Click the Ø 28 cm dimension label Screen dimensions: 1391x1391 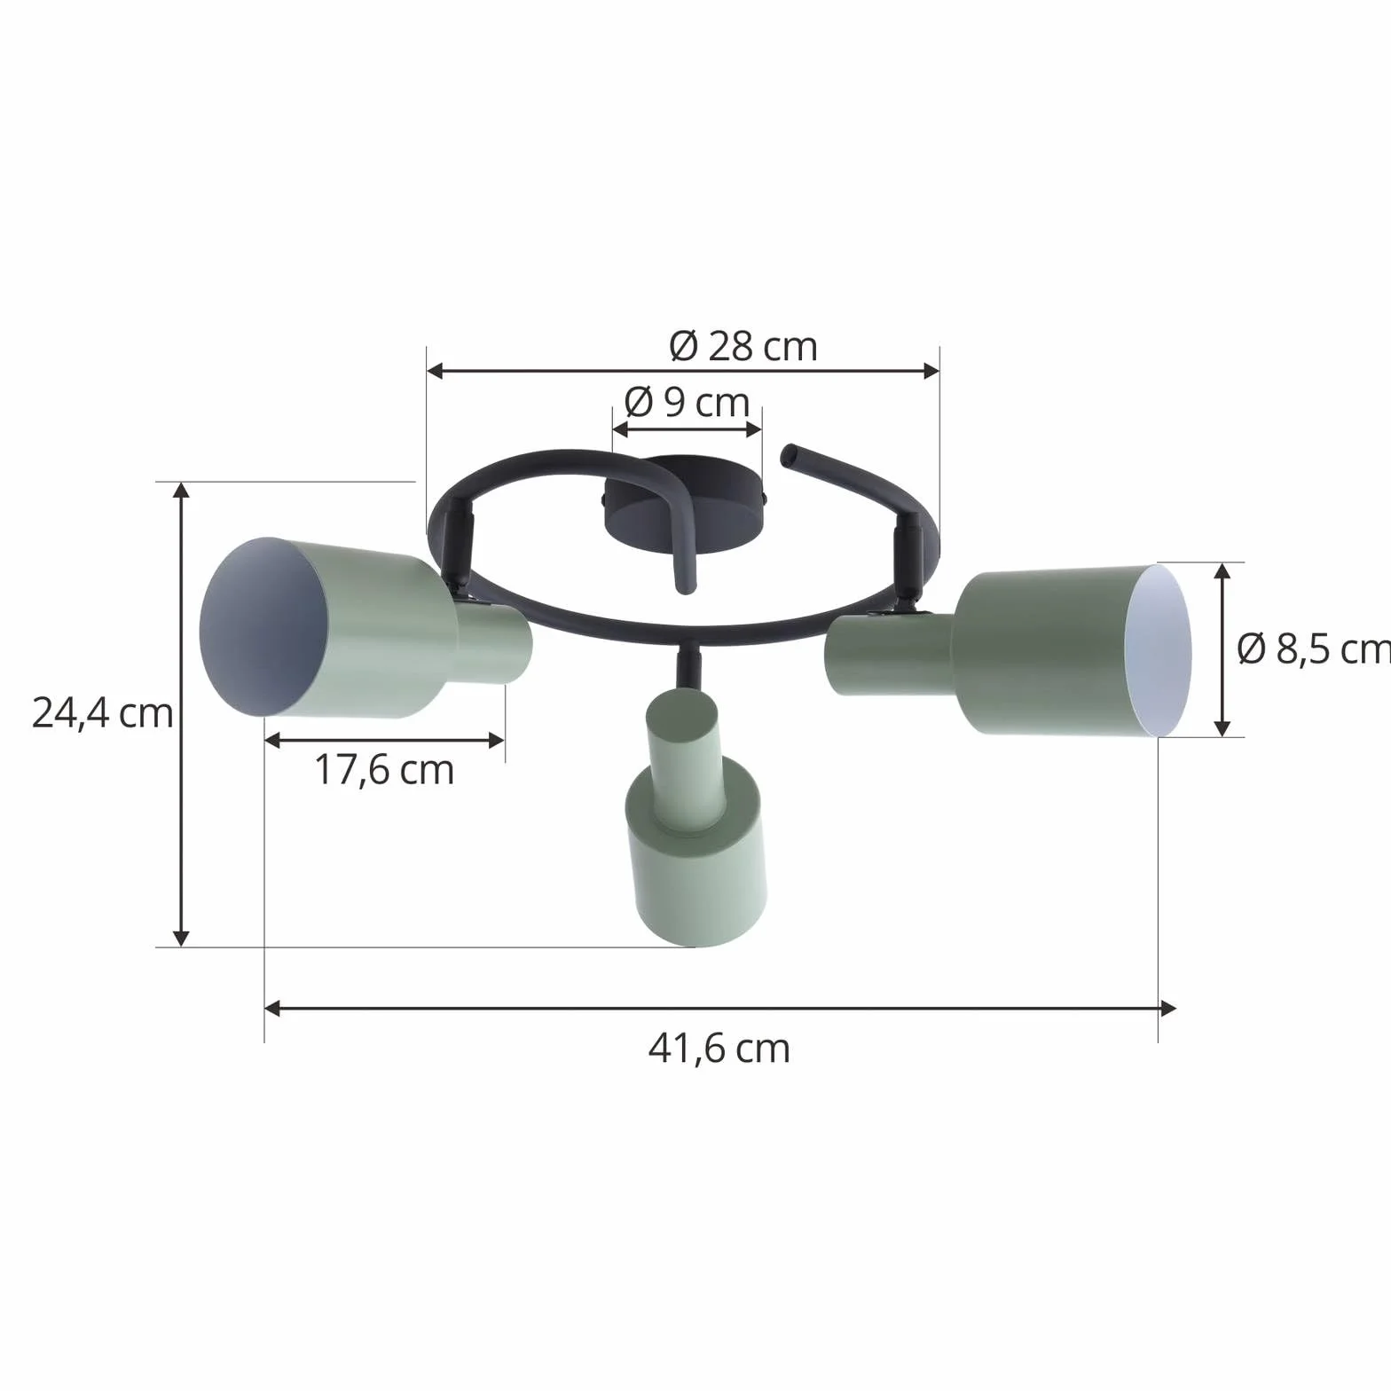[x=743, y=346]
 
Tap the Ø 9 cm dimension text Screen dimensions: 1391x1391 [x=688, y=403]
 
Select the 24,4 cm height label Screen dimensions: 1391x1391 [x=102, y=713]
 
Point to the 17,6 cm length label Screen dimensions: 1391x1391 [x=384, y=770]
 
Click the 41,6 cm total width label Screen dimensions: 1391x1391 [x=719, y=1049]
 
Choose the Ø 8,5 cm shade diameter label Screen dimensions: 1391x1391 [x=1314, y=649]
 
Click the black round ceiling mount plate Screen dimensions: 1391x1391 [x=684, y=504]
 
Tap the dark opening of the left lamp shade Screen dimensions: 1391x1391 [x=263, y=627]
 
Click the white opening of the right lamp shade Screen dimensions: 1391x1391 [x=1158, y=650]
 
